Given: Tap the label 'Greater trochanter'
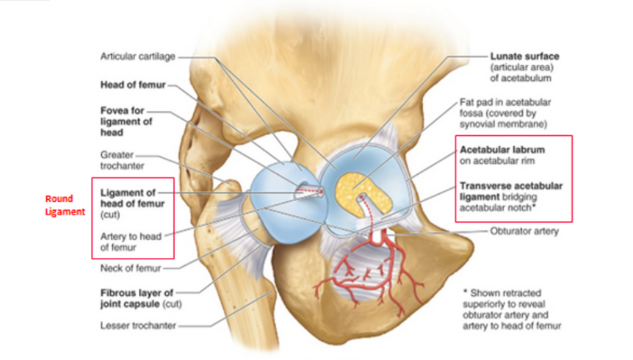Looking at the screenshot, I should [x=119, y=160].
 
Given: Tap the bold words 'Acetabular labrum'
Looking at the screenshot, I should [x=502, y=149].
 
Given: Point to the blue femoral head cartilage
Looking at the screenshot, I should [x=275, y=213].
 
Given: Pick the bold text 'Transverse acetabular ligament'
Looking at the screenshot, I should [x=510, y=192].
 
